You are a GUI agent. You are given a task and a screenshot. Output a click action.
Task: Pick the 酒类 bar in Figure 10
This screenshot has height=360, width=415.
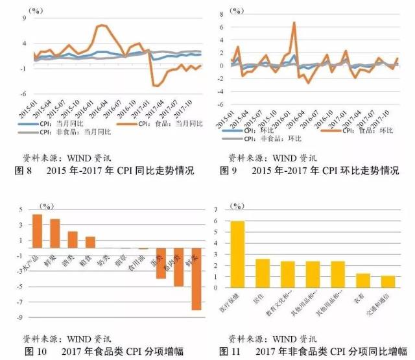pos(73,240)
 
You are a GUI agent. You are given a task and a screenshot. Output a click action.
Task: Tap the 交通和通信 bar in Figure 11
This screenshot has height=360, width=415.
pos(387,282)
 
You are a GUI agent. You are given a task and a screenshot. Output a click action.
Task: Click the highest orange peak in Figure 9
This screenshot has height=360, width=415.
pos(294,23)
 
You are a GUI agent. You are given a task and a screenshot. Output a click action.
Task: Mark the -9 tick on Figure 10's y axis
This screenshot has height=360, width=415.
pos(21,318)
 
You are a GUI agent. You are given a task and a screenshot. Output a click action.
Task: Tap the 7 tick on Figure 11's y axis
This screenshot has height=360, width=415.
pos(223,210)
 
